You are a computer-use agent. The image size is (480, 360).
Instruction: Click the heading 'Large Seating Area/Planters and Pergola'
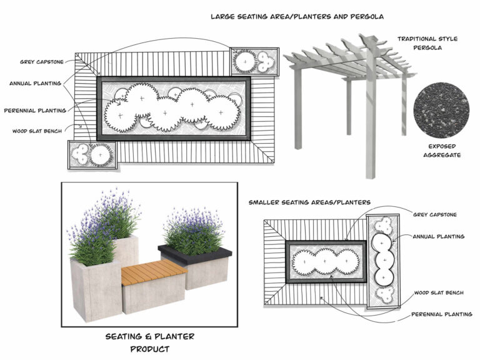[x=297, y=16]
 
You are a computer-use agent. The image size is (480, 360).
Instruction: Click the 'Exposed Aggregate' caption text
[x=441, y=150]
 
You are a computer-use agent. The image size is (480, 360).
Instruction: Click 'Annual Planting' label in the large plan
[x=35, y=82]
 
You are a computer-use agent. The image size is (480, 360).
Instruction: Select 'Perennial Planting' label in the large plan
[x=35, y=111]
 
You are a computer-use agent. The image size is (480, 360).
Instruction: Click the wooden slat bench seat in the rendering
[x=153, y=272]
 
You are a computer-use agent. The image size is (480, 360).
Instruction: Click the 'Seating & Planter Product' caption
[x=149, y=342]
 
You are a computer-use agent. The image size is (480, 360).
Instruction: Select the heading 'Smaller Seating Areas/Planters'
[x=309, y=202]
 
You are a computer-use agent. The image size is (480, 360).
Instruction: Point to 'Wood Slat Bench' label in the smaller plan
[x=438, y=292]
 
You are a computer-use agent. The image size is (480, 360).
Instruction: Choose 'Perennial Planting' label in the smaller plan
[x=441, y=314]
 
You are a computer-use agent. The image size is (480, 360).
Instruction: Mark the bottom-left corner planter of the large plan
[x=92, y=154]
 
